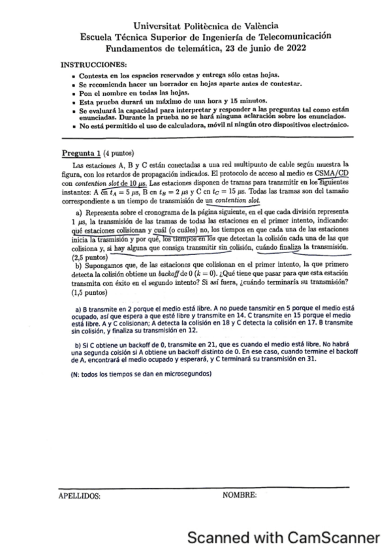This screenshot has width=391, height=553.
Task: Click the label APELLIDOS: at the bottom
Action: point(80,496)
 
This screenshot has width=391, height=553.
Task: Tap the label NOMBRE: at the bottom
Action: point(239,496)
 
